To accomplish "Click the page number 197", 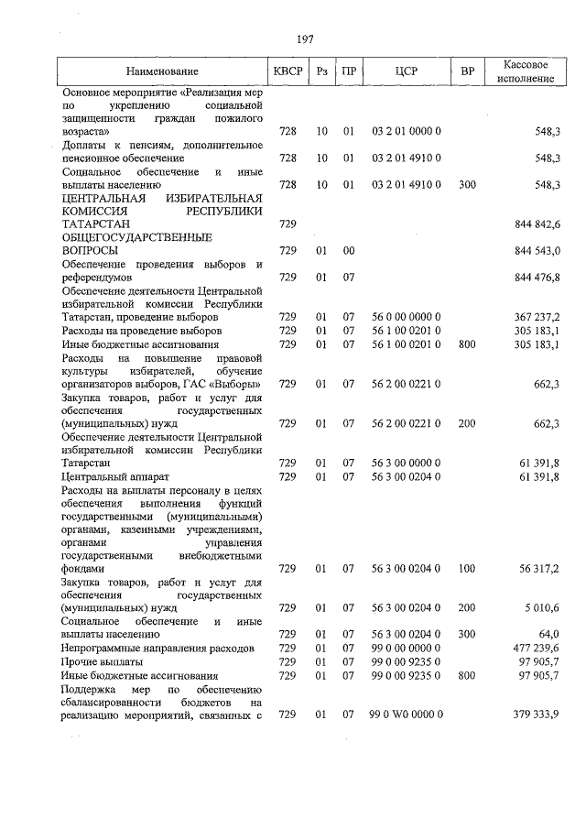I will (x=306, y=38).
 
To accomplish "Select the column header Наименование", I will (x=162, y=71).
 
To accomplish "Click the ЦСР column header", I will (x=407, y=71).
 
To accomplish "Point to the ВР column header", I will (x=467, y=71).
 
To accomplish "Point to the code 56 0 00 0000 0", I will (x=407, y=317).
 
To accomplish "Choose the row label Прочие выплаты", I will (x=102, y=661).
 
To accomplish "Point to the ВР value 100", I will (x=467, y=569).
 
